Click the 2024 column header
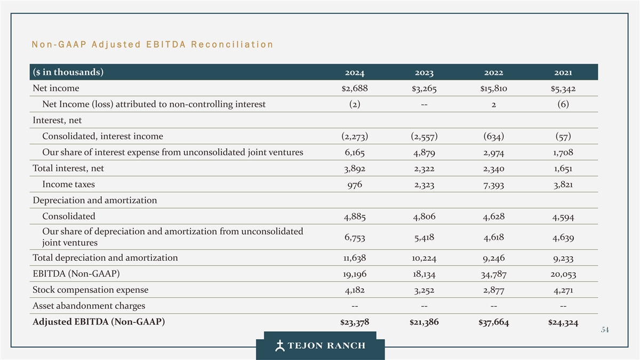(x=355, y=73)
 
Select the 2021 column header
(x=563, y=73)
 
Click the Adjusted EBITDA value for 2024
(x=355, y=322)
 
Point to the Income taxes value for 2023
(x=425, y=185)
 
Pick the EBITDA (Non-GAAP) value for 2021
(x=563, y=275)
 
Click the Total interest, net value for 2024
(x=355, y=169)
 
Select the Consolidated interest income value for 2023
(x=425, y=137)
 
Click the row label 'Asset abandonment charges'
(x=89, y=306)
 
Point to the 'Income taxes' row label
(x=69, y=185)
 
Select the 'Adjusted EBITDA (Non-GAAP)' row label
(x=99, y=322)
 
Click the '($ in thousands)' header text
(x=68, y=72)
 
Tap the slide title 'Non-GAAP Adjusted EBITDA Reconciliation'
(x=153, y=44)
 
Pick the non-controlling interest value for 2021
(x=563, y=105)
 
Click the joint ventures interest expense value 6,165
(x=355, y=153)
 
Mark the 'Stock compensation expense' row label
(x=91, y=290)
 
